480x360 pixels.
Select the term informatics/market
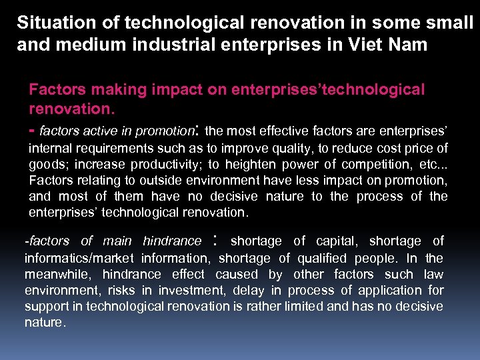tap(84, 258)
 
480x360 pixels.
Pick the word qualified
tap(319, 258)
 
